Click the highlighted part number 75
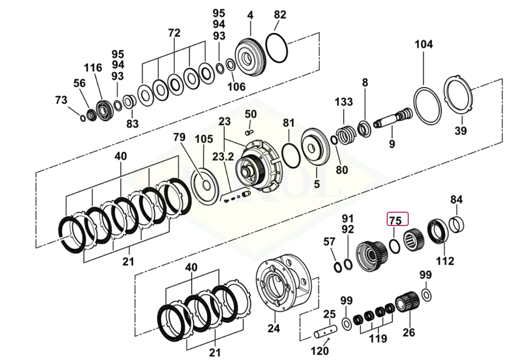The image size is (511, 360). click(x=395, y=221)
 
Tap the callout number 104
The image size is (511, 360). click(x=423, y=44)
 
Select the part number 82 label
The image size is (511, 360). click(x=280, y=15)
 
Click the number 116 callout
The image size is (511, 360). click(x=93, y=67)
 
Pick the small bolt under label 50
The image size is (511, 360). click(x=250, y=132)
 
